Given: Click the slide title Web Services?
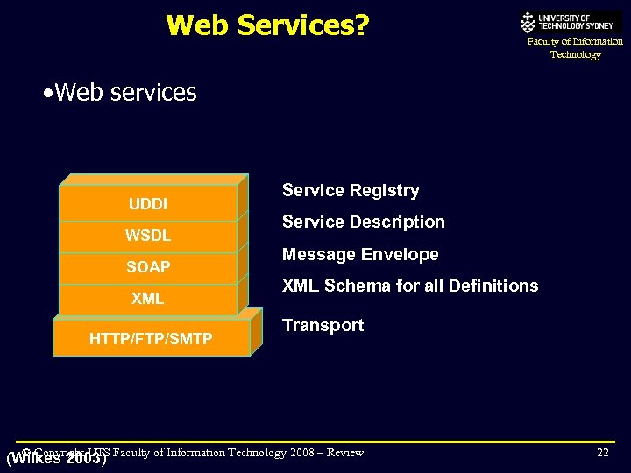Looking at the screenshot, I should coord(267,25).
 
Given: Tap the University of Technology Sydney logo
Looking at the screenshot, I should coord(570,22).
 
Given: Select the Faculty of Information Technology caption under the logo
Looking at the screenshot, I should coord(575,48).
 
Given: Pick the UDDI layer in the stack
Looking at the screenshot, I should coord(148,204).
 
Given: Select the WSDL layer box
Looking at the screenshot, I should coord(148,236).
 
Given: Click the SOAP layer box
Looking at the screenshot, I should coord(148,267).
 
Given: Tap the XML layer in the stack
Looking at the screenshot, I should coord(148,299).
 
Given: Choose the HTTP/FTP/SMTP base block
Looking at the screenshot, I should coord(151,338).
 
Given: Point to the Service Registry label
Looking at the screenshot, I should coord(351,190).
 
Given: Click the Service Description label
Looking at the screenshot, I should coord(363,222).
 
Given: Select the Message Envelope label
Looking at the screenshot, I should coord(360,254).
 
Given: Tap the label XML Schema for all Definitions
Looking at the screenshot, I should coord(410,286).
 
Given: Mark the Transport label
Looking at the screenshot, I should coord(323,325).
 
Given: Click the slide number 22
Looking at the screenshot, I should coord(602,452).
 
